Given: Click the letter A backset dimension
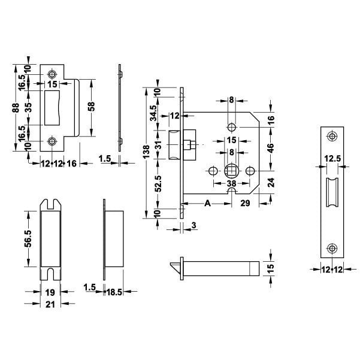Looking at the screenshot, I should [207, 204].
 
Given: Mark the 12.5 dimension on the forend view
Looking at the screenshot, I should [332, 159].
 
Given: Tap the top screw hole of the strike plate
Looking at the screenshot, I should [53, 73].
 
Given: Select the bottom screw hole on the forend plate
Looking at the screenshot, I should [332, 247].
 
